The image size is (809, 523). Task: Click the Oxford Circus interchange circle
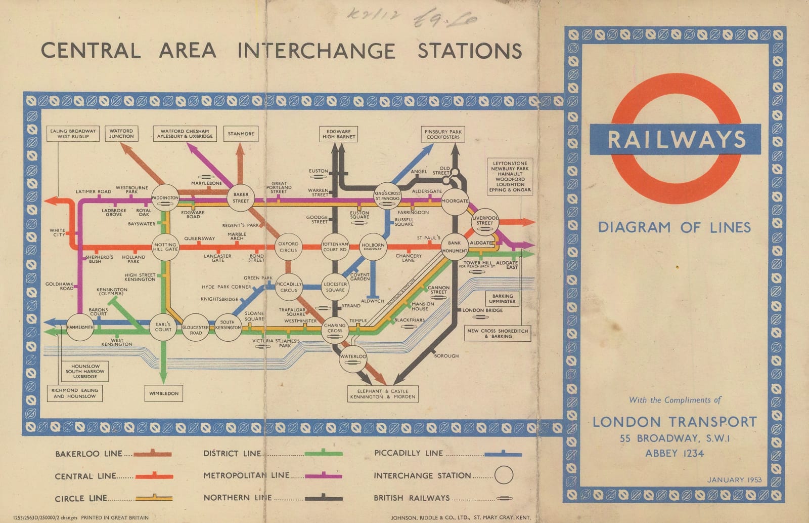[x=289, y=247]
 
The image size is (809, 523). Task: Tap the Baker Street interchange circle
[x=241, y=197]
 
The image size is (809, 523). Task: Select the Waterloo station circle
[x=353, y=357]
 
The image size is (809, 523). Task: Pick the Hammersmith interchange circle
[x=80, y=327]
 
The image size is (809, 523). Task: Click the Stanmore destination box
[x=241, y=134]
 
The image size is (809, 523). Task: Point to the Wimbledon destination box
[x=163, y=393]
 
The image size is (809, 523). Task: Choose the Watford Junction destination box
[x=121, y=134]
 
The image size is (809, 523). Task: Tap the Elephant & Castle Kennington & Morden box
[x=383, y=394]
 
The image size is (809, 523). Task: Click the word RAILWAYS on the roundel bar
[x=676, y=139]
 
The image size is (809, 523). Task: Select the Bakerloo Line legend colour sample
[x=152, y=454]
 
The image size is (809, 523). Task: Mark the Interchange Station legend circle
[x=504, y=475]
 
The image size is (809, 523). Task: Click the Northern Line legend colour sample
[x=324, y=498]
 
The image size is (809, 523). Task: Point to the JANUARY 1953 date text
[x=734, y=479]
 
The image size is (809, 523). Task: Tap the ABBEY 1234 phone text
[x=674, y=453]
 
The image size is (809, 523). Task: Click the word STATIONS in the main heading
[x=470, y=51]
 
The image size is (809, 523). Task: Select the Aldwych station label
[x=373, y=301]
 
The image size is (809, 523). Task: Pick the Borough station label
[x=446, y=356]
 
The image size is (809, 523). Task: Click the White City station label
[x=57, y=232]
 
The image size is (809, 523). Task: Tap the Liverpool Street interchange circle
[x=484, y=221]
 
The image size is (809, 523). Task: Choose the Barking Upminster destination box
[x=502, y=299]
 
